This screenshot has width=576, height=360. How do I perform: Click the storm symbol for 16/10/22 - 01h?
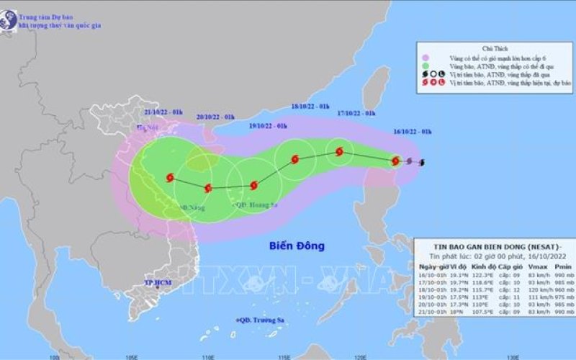pyautogui.click(x=395, y=161)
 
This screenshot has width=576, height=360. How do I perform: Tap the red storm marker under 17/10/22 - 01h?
pyautogui.click(x=339, y=152)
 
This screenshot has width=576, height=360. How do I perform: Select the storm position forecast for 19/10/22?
pyautogui.click(x=253, y=185)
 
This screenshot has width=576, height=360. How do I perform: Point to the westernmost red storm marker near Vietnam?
pyautogui.click(x=169, y=176)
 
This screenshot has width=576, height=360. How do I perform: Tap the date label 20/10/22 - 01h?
pyautogui.click(x=215, y=117)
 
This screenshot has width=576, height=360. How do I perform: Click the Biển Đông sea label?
pyautogui.click(x=297, y=246)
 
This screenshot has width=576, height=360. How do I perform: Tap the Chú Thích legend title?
pyautogui.click(x=497, y=44)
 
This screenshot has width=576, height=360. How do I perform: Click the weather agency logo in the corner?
pyautogui.click(x=9, y=20)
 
